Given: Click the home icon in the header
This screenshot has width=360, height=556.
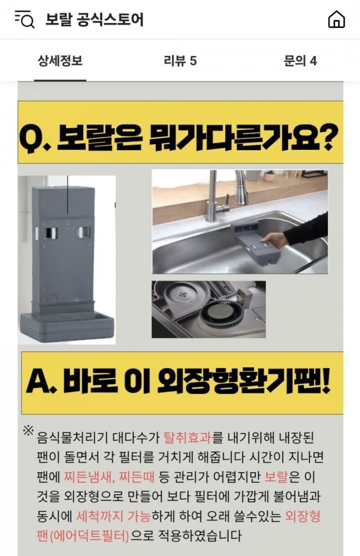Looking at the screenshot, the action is (336, 19).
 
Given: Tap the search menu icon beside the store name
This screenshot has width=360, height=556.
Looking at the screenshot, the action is (25, 19).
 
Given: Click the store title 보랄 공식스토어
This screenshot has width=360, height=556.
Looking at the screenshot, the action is (94, 19).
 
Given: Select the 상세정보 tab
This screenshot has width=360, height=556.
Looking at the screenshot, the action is (60, 61).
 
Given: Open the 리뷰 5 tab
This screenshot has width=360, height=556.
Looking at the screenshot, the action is (180, 61).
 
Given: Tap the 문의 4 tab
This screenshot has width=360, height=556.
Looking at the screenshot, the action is (300, 61).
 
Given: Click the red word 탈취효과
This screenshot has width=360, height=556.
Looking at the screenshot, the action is (187, 444).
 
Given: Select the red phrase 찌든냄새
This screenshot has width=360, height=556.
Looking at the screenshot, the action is (88, 477).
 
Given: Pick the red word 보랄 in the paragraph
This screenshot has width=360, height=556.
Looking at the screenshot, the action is (276, 477).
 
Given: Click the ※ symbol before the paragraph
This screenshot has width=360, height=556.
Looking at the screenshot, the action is (28, 438).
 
